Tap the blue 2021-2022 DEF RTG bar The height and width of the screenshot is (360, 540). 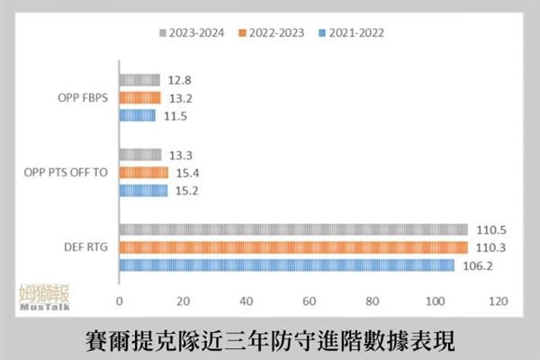286,265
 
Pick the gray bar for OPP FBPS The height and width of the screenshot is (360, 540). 139,80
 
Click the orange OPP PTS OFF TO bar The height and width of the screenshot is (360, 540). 143,173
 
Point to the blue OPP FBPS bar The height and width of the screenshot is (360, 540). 138,115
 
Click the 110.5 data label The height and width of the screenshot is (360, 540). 488,229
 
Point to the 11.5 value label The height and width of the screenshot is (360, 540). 174,115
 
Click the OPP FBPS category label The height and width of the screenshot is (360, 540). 82,98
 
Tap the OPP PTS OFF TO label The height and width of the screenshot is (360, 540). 67,171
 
